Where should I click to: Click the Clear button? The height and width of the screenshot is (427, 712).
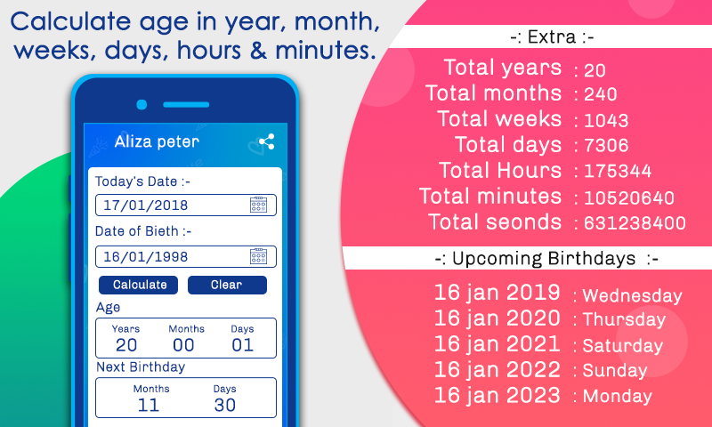[227, 285]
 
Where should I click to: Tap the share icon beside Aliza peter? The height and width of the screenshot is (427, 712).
[266, 142]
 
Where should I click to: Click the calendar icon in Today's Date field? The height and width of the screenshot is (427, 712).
[258, 205]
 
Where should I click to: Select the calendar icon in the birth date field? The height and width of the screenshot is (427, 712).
[258, 256]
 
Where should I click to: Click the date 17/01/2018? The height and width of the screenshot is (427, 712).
[146, 205]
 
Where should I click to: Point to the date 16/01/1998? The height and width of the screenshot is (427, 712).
[146, 257]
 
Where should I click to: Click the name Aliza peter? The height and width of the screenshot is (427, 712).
[157, 141]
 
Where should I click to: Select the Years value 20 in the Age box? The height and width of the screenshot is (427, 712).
[126, 345]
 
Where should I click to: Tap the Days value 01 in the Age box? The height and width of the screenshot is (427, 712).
[242, 345]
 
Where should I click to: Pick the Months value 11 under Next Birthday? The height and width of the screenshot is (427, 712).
[148, 406]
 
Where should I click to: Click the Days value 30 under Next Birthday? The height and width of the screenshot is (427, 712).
[225, 406]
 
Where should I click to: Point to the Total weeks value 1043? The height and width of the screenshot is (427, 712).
[606, 121]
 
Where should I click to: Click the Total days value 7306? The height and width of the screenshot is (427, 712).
[606, 146]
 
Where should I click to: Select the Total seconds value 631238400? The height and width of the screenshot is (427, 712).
[635, 223]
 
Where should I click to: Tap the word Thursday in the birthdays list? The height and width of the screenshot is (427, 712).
[624, 319]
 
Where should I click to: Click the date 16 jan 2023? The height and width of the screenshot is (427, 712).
[498, 395]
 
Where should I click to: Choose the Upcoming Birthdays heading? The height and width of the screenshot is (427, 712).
[546, 259]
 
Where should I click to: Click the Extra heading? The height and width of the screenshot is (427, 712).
[552, 36]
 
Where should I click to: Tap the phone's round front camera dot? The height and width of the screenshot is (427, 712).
[142, 105]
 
